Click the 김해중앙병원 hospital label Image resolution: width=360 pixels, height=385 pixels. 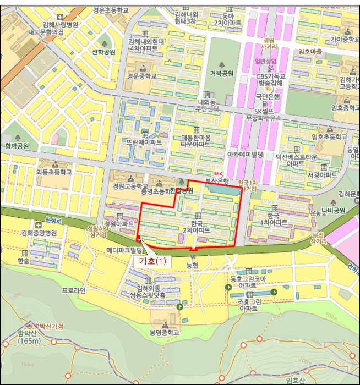pyautogui.click(x=39, y=233)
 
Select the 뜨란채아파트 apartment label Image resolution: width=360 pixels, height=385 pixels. pyautogui.click(x=144, y=142)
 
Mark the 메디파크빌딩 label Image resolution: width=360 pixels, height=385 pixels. pyautogui.click(x=124, y=249)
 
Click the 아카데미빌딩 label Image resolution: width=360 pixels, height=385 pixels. pyautogui.click(x=246, y=155)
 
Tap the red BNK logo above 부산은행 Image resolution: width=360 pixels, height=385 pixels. pyautogui.click(x=218, y=173)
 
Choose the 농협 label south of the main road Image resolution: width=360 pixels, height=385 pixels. pyautogui.click(x=192, y=266)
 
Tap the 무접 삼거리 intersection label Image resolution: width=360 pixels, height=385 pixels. pyautogui.click(x=318, y=238)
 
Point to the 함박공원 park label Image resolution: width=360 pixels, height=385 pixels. pyautogui.click(x=18, y=146)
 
